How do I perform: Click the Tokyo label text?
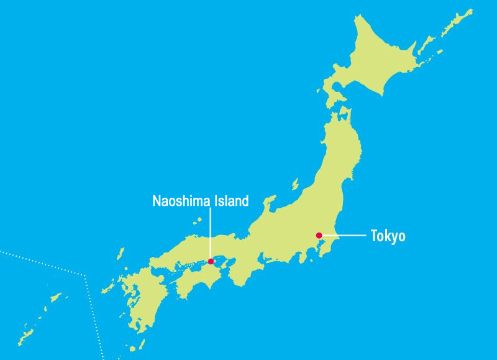point(388,236)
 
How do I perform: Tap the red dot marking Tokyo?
point(319,235)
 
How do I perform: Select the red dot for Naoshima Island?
point(211,261)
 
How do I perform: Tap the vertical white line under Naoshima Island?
point(211,233)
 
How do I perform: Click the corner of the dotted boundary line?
point(84,274)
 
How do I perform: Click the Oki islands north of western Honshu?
point(197,221)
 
